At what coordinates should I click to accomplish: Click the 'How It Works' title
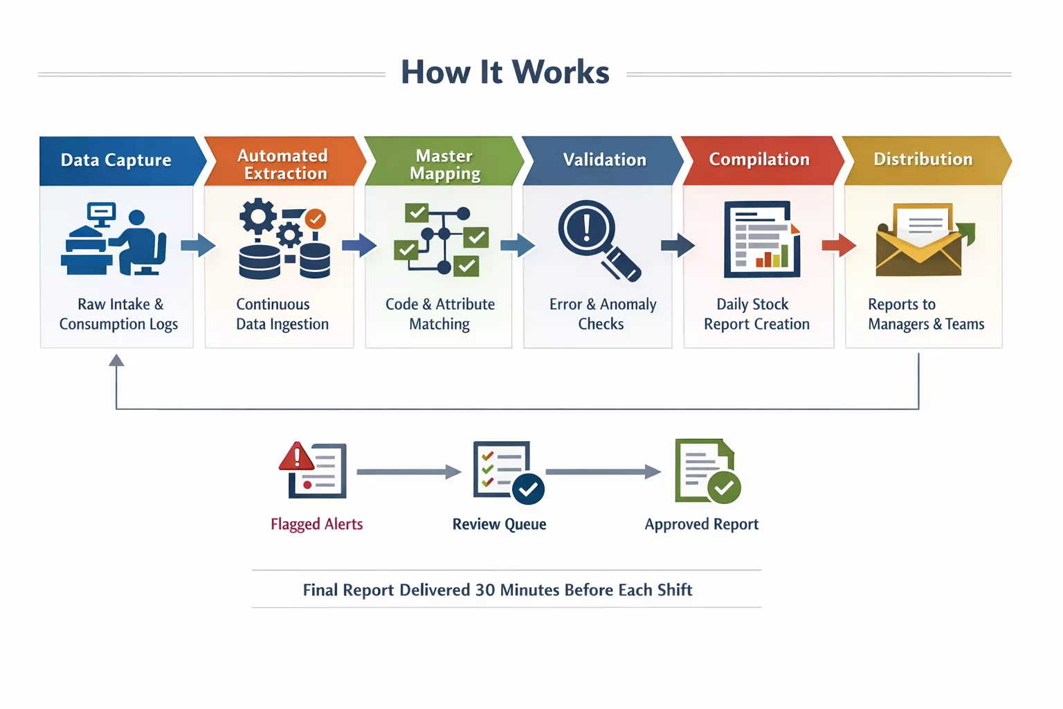point(505,72)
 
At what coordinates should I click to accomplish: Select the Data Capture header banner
point(116,160)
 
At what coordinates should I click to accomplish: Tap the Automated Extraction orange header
point(282,164)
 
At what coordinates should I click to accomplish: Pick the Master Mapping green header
point(444,164)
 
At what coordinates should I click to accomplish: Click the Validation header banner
point(603,160)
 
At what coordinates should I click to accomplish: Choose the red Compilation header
point(759,159)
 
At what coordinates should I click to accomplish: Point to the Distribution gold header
point(923,159)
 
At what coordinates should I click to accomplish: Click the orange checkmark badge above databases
point(316,219)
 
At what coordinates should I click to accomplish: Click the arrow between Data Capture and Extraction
point(198,245)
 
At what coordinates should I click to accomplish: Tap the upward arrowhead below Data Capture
point(116,360)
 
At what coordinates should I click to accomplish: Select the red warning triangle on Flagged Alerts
point(297,457)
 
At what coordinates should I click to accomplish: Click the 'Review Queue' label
point(499,524)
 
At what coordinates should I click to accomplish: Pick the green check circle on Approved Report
point(724,487)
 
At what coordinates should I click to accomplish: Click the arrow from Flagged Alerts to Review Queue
point(408,472)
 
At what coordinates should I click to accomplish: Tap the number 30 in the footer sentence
point(484,590)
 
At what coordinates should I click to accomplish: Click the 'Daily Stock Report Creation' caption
point(756,314)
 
